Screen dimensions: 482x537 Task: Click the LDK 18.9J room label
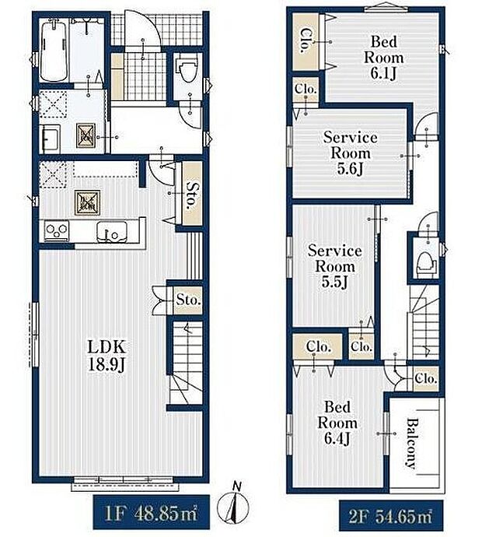tap(107, 356)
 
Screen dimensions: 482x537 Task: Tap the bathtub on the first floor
tap(54, 50)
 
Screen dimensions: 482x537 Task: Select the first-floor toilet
tap(187, 71)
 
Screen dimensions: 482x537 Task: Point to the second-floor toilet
tap(426, 265)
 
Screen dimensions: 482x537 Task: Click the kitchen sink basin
tap(111, 232)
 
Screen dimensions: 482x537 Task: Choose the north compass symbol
tap(233, 504)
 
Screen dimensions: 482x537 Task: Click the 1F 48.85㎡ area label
tap(151, 513)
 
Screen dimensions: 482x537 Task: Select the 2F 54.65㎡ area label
tap(391, 517)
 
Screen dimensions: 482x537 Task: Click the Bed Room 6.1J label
tap(384, 57)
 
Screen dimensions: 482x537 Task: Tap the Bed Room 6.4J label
tap(337, 423)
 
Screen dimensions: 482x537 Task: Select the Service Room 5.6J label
tap(351, 153)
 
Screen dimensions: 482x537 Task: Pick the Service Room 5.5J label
tap(334, 266)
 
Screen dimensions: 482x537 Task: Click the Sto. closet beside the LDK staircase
tap(188, 300)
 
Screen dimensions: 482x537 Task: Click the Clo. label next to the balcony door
tap(425, 379)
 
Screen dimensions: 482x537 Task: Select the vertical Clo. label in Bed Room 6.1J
tap(306, 40)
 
